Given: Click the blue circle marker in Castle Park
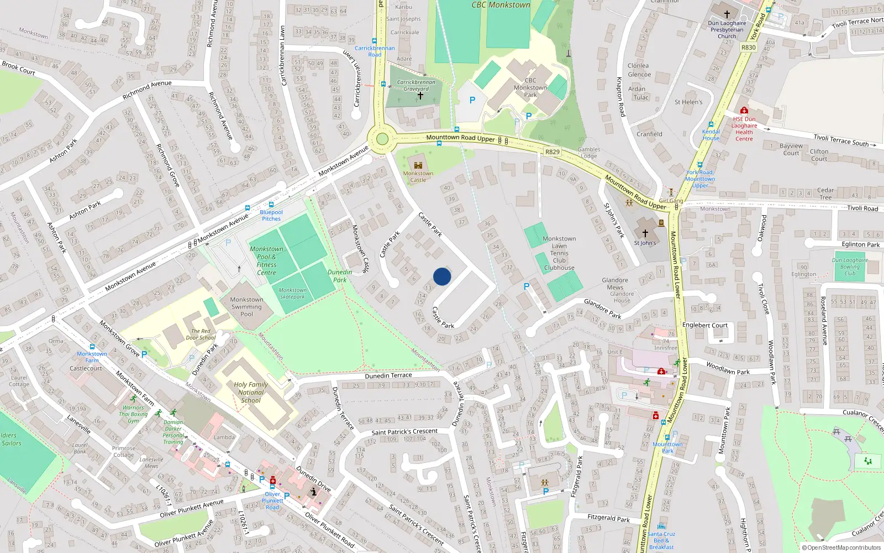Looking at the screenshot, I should [x=442, y=276].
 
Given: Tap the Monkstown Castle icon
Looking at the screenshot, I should [x=418, y=165].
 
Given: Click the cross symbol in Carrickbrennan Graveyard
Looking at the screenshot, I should [x=420, y=96].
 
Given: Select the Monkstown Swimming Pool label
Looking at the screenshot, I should [x=246, y=306].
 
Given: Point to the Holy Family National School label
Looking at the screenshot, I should [x=251, y=392].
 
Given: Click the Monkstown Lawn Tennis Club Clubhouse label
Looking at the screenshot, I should [x=559, y=253].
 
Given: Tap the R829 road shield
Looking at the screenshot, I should [x=552, y=152].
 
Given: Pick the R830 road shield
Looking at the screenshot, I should [x=748, y=48].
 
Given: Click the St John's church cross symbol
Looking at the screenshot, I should [x=645, y=233].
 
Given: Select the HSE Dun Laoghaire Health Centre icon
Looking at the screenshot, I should [x=744, y=111].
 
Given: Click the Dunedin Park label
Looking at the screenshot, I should [x=340, y=275].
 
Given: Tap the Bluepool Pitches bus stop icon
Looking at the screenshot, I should [x=271, y=205].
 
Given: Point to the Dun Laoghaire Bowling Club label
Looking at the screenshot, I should [x=850, y=267].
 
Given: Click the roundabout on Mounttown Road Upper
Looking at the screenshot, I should [x=381, y=138].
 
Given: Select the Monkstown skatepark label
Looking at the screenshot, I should [x=292, y=293].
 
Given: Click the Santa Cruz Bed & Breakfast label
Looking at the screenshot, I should [x=661, y=540].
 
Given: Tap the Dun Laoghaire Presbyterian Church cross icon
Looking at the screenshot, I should [x=727, y=14].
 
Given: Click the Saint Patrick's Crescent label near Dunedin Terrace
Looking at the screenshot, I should [x=404, y=432].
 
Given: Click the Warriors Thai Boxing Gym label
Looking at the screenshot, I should [x=133, y=414].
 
